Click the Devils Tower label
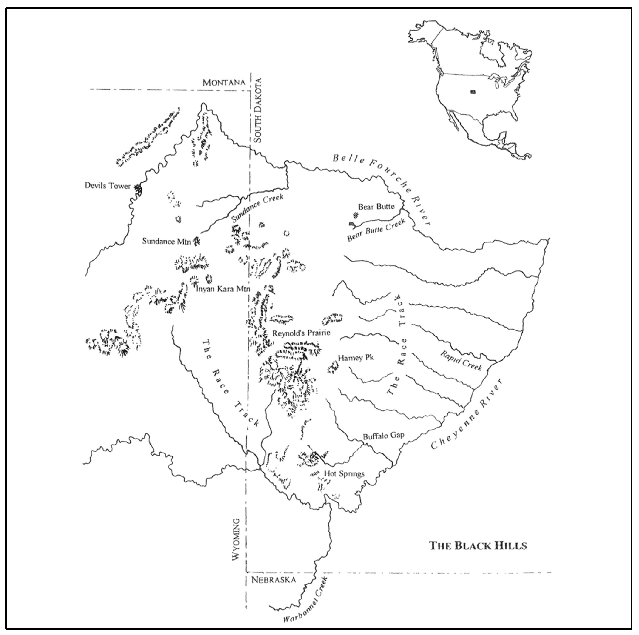[108, 186]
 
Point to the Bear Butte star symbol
[356, 216]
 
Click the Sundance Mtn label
[166, 241]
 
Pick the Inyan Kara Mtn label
[223, 289]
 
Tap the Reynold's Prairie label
[301, 333]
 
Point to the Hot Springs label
[344, 474]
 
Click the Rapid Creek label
[461, 360]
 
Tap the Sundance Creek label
[257, 208]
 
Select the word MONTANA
[224, 82]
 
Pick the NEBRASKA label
[274, 580]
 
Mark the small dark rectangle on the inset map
[473, 92]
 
